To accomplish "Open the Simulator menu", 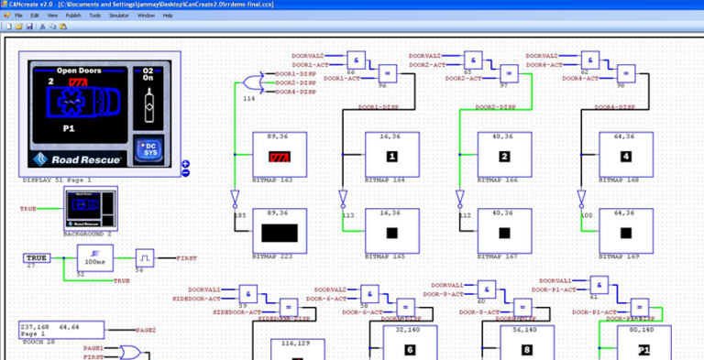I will coord(118,16).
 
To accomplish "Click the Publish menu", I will coord(72,16).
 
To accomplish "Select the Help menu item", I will coord(168,16).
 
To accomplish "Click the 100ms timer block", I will coord(94,260).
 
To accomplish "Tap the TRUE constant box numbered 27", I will coord(37,258).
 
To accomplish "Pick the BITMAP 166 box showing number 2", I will coord(504,157).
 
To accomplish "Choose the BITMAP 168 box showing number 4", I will coord(626,157).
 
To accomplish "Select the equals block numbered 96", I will coord(388,73).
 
